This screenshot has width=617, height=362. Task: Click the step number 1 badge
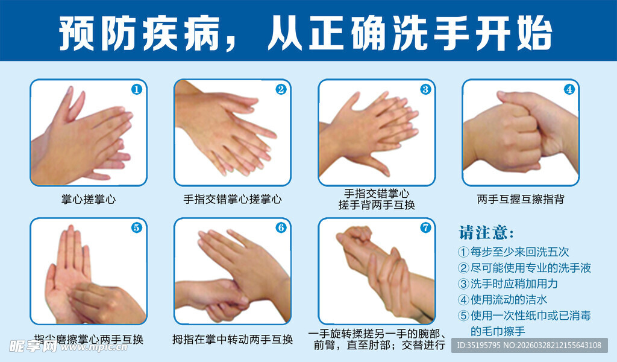(136, 89)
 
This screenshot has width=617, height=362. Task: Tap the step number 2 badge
(281, 89)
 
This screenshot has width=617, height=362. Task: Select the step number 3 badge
(425, 89)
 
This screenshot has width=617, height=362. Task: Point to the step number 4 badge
(569, 89)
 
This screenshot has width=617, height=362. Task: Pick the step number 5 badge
(136, 227)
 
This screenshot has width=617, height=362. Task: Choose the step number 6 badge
(281, 227)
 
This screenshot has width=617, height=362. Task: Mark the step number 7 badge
(425, 227)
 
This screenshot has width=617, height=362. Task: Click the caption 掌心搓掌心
(89, 199)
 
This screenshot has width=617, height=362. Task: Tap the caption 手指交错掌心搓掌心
(233, 199)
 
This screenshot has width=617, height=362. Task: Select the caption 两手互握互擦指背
(521, 199)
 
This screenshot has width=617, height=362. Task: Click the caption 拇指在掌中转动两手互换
(233, 340)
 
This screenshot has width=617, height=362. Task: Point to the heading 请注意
(487, 233)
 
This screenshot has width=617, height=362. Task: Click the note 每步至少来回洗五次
(513, 252)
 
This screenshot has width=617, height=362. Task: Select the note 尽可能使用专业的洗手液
(524, 267)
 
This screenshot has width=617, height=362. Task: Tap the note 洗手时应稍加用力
(508, 283)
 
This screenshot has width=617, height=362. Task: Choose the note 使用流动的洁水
(503, 299)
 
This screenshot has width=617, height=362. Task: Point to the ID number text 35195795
(481, 346)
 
